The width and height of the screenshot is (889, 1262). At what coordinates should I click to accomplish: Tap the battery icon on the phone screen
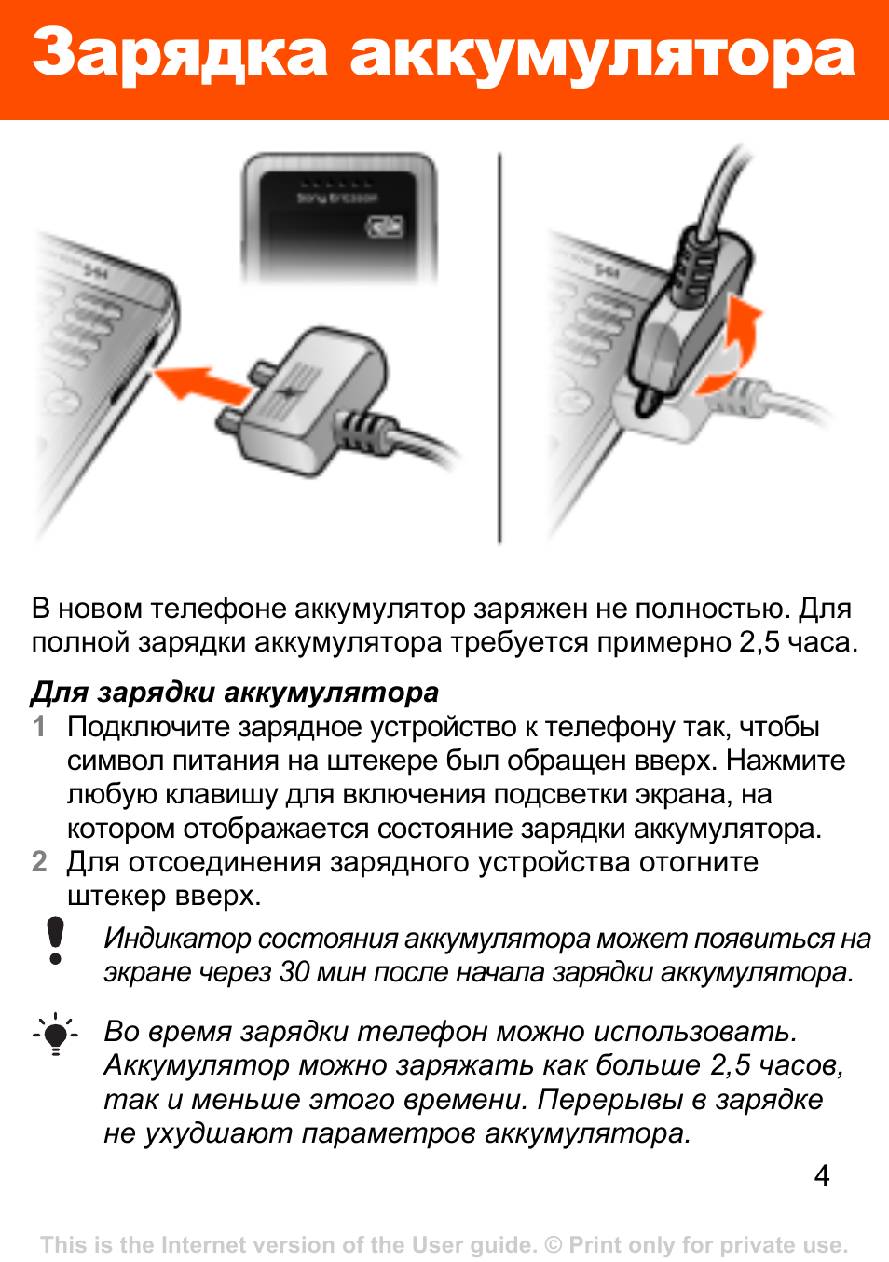pyautogui.click(x=385, y=226)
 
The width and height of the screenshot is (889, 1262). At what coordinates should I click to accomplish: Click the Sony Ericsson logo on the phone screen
pyautogui.click(x=336, y=199)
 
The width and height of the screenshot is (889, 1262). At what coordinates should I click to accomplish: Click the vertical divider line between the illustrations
pyautogui.click(x=499, y=348)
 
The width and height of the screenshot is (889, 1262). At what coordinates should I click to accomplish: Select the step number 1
pyautogui.click(x=39, y=727)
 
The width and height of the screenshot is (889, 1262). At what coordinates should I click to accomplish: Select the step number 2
pyautogui.click(x=39, y=862)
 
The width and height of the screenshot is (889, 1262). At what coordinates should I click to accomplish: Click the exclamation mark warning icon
pyautogui.click(x=55, y=940)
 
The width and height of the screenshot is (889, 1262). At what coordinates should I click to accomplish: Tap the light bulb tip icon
pyautogui.click(x=55, y=1035)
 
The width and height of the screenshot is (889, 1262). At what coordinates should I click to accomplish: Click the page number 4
pyautogui.click(x=822, y=1176)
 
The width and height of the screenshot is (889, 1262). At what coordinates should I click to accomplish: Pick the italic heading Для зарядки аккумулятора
pyautogui.click(x=234, y=693)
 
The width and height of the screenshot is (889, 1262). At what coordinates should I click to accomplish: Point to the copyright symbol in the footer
pyautogui.click(x=554, y=1244)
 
